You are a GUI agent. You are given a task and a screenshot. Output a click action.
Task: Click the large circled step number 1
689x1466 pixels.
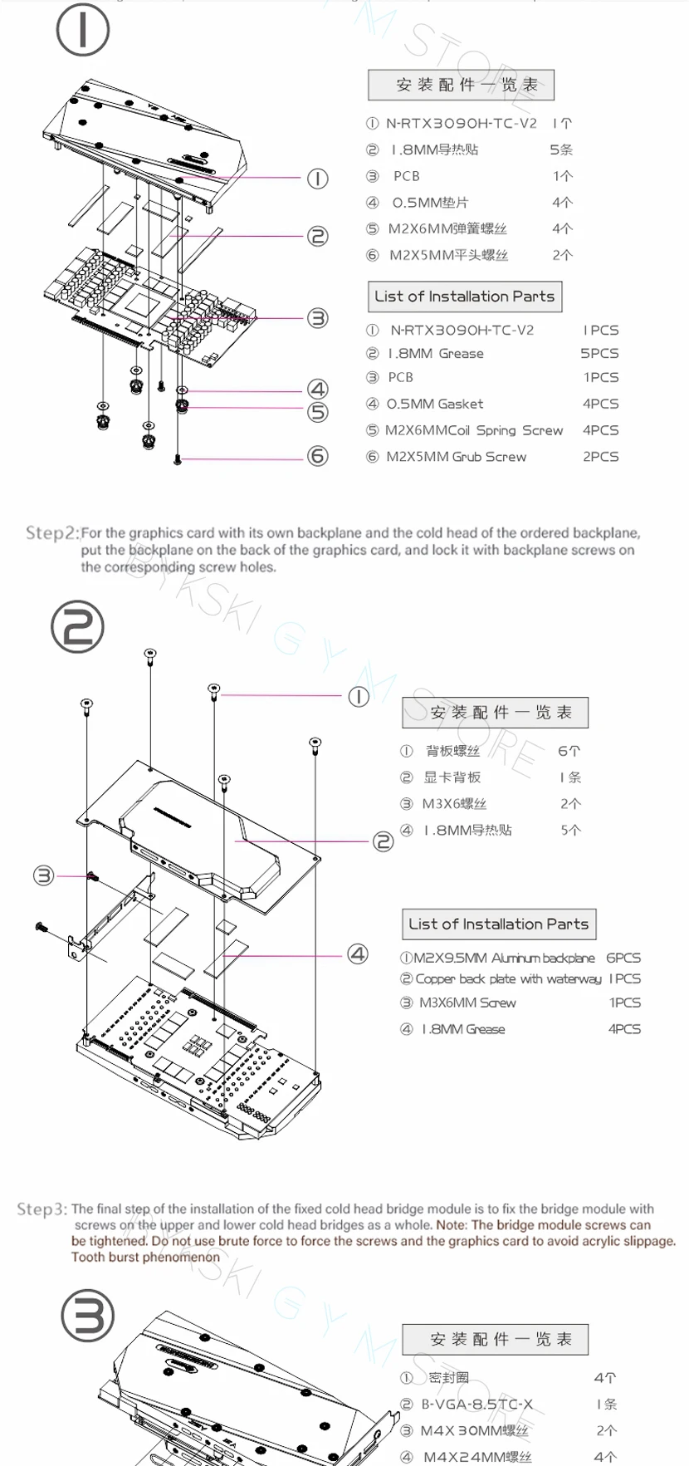click(82, 29)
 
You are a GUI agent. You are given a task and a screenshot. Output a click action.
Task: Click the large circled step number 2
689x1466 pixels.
click(77, 627)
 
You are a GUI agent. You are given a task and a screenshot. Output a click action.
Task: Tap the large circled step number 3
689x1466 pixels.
click(88, 1316)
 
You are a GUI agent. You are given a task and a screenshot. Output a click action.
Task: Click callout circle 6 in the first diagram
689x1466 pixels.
click(318, 456)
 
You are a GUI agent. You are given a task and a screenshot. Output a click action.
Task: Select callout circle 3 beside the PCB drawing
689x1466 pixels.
click(318, 318)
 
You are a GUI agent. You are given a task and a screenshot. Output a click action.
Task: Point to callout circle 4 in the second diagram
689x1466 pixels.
click(358, 954)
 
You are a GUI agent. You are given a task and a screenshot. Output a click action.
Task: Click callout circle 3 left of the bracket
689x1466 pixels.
click(43, 875)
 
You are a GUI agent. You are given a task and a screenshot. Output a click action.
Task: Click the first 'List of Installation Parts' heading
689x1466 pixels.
click(464, 297)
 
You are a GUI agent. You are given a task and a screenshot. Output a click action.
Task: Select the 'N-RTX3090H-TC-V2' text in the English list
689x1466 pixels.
click(462, 330)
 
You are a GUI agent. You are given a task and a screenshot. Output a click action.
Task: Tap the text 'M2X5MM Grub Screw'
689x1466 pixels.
click(456, 456)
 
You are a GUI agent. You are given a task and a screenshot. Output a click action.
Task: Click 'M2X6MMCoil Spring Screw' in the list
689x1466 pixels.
click(473, 430)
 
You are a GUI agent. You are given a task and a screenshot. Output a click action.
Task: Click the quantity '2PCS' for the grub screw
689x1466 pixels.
click(600, 456)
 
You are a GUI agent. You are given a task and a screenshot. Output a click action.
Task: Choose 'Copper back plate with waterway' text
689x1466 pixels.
click(508, 979)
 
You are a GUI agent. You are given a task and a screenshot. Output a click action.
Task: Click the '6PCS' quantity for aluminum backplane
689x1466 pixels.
click(623, 958)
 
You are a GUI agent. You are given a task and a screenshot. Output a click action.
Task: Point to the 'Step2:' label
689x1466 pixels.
click(51, 532)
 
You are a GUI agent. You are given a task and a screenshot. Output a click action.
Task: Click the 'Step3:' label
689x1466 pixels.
click(42, 1209)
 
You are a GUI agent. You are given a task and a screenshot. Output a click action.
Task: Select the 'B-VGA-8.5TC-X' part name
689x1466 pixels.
click(476, 1405)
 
